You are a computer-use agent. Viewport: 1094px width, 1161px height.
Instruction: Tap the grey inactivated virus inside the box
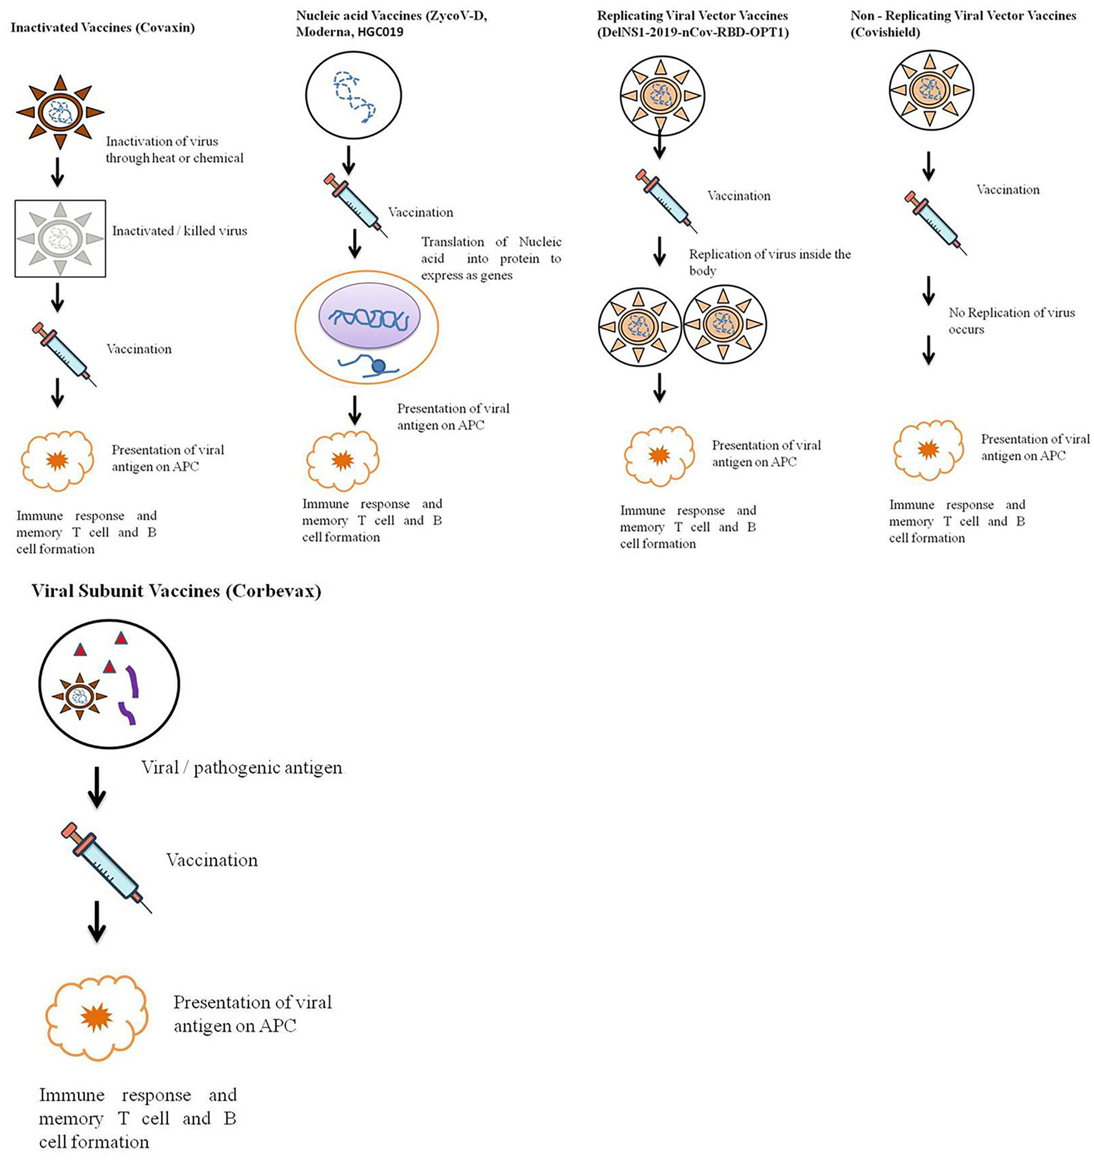point(60,239)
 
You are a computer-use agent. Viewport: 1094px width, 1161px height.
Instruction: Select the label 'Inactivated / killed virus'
point(180,231)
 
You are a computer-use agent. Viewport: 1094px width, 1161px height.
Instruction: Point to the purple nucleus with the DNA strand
point(369,318)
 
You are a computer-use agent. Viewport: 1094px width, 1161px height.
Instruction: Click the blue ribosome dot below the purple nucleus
point(378,366)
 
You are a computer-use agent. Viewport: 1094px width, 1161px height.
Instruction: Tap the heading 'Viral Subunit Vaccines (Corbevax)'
point(177,591)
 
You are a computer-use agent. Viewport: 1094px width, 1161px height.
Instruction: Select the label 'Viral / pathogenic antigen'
point(242,767)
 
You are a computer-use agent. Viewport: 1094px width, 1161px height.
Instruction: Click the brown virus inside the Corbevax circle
point(79,696)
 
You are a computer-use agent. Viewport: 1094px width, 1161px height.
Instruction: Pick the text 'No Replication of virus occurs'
point(1011,321)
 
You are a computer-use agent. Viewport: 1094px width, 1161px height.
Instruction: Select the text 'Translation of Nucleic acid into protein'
point(492,250)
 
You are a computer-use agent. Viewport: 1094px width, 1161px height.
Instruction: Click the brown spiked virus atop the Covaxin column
point(60,112)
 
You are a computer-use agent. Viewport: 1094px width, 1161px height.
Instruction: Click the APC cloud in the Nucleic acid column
point(343,461)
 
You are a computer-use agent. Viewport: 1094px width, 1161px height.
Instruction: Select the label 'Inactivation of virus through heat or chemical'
point(174,149)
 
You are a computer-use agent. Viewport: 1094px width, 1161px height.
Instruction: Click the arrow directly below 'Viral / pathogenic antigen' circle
point(97,787)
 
